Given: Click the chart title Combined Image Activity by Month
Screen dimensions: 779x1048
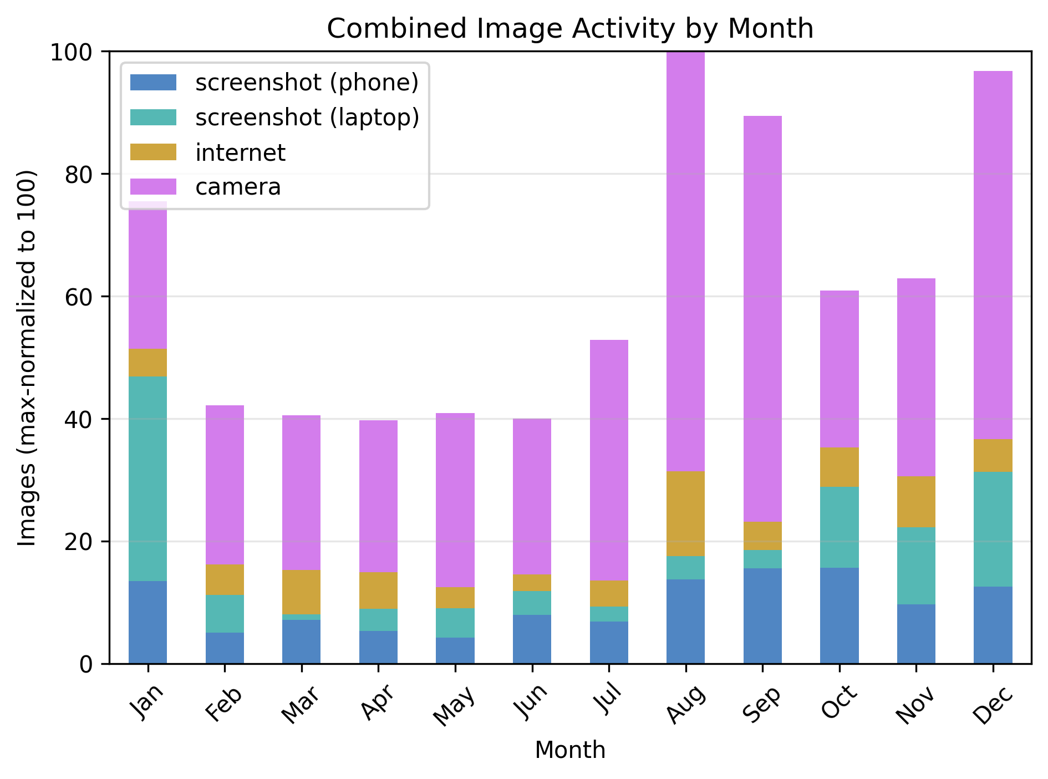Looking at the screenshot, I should tap(570, 29).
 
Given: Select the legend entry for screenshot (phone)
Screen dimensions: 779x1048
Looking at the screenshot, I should tap(307, 83).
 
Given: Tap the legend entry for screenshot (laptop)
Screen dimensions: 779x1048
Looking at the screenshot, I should tap(307, 118).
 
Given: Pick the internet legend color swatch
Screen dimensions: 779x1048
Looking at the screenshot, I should tap(153, 152).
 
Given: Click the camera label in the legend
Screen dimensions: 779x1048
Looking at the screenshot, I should tap(238, 187).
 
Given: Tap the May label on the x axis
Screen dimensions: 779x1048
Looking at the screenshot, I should tap(454, 706).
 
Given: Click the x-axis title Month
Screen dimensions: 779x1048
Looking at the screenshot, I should tap(570, 750).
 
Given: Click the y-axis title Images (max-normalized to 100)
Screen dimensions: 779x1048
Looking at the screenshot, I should tap(27, 358).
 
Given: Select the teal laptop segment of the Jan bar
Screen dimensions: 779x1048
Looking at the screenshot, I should tap(147, 478).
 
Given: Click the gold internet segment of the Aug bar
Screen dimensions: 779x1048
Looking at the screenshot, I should tap(686, 513).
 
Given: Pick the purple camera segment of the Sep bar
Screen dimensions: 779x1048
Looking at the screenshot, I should tap(762, 319).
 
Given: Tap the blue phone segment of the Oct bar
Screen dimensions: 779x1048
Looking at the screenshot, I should tap(840, 615).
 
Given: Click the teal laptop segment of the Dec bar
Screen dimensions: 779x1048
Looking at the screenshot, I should tap(993, 529).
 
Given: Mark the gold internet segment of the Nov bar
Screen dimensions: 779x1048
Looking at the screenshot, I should tap(916, 502).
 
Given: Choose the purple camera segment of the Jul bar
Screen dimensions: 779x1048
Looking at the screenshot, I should tap(609, 460).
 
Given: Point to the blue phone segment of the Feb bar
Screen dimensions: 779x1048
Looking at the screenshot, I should tap(225, 648).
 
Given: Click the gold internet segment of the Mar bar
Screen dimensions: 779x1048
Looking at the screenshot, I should tap(301, 592).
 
